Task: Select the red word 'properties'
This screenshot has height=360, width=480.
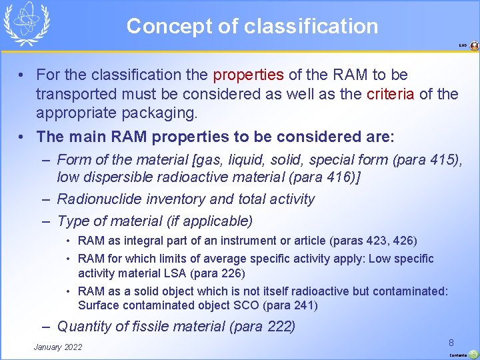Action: pos(249,75)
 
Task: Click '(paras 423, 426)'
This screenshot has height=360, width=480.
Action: pos(376,241)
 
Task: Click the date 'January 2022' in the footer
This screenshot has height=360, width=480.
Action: pos(58,347)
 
